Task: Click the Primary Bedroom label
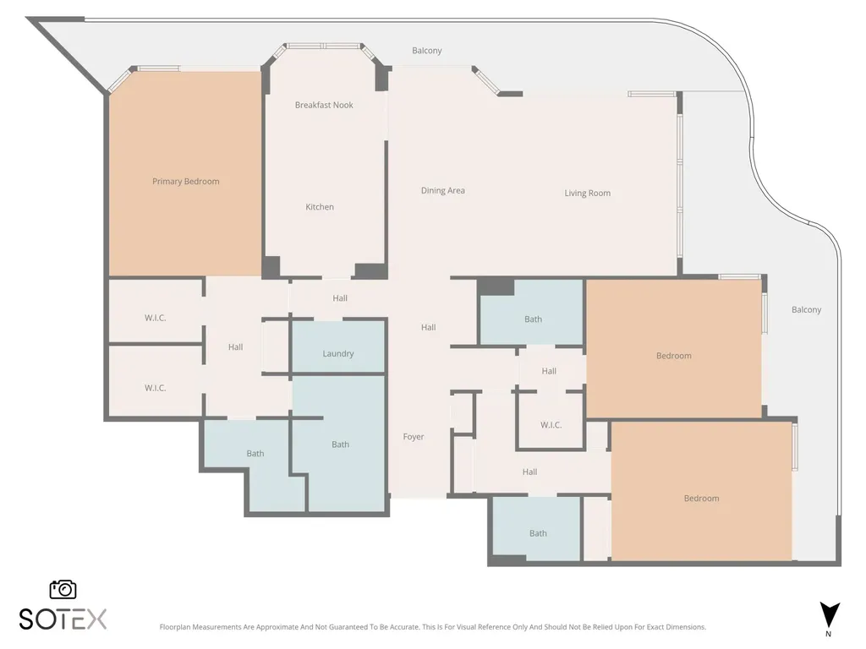pos(185,182)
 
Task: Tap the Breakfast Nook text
pos(324,105)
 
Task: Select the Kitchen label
pos(320,207)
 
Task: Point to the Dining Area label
pos(443,191)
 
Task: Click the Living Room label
pos(588,194)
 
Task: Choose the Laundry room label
pos(338,354)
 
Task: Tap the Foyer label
pos(414,437)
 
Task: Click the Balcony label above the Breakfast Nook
pos(427,51)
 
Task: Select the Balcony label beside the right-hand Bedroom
pos(806,310)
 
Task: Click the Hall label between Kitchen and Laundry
pos(340,298)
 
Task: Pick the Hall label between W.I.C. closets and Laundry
pos(236,347)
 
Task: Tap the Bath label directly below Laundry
pos(340,444)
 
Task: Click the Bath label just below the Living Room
pos(534,319)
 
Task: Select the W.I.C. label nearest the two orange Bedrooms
pos(551,425)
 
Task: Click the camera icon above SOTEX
pos(63,589)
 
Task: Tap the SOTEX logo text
pos(63,619)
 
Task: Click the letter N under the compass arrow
pos(829,634)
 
